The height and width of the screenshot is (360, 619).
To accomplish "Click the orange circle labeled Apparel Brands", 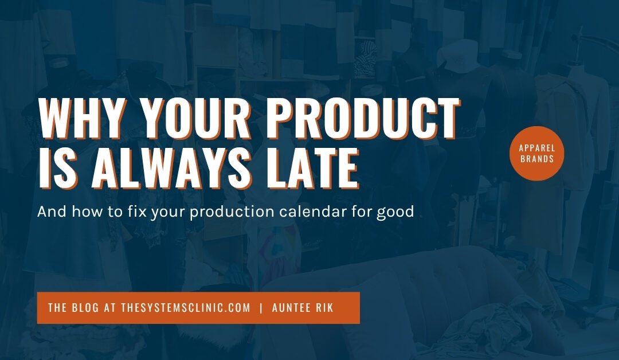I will coord(537,153).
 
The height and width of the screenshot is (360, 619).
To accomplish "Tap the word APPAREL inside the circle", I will coord(537,148).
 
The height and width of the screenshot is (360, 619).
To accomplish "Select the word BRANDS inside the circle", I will coord(537,159).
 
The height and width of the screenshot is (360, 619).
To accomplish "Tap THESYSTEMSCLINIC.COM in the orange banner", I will coord(186,308).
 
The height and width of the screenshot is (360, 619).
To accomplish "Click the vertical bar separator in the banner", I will coord(261,308).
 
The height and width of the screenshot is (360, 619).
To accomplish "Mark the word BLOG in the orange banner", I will coord(86,308).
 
